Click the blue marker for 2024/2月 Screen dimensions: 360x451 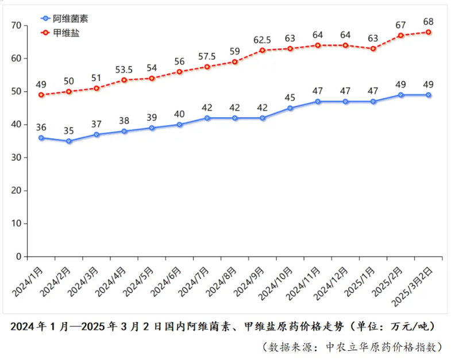pos(69,141)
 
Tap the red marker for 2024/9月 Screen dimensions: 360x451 pos(263,51)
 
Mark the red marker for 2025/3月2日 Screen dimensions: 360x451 pos(429,32)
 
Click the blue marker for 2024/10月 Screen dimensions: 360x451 pos(290,108)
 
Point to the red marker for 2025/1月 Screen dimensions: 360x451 pos(373,49)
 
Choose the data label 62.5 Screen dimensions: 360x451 pos(263,40)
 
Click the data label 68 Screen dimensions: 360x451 pos(429,21)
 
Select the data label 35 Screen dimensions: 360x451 pos(69,130)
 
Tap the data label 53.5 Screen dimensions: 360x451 pos(124,69)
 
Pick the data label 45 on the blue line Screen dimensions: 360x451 pos(290,97)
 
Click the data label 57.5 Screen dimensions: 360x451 pos(207,56)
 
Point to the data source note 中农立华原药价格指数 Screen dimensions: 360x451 pos(384,347)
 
